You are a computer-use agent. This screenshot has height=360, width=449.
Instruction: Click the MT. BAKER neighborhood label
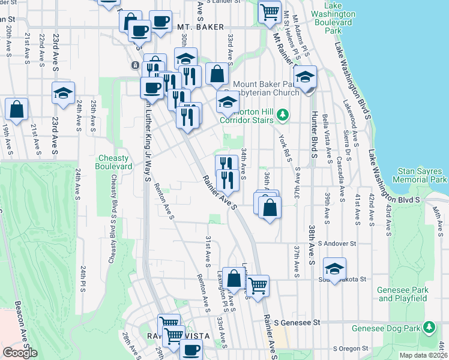click(x=200, y=27)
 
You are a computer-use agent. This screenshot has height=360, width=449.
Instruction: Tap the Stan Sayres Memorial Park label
click(x=420, y=175)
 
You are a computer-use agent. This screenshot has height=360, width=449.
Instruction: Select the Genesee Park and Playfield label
click(x=403, y=294)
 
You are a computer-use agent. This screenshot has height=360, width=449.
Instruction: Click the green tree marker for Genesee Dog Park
click(x=429, y=328)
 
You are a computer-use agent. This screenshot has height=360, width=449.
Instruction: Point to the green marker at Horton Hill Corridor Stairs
click(x=286, y=114)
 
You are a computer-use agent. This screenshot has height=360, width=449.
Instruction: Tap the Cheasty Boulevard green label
click(x=114, y=162)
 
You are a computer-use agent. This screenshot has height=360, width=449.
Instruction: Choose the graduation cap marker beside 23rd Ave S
click(x=63, y=93)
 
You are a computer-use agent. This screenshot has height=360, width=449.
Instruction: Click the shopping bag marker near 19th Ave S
click(x=17, y=109)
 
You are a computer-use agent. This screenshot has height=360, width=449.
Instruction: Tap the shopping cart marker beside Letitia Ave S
click(x=258, y=285)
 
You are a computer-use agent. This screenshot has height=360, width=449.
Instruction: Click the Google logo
click(x=20, y=352)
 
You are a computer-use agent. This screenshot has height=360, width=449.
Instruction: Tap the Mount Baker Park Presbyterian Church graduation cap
click(x=306, y=77)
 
